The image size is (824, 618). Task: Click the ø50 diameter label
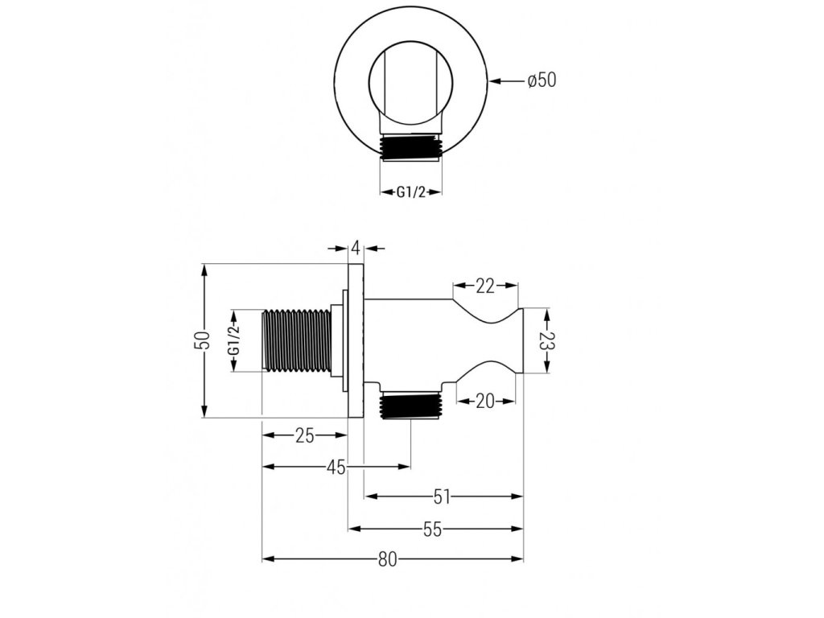pyautogui.click(x=542, y=80)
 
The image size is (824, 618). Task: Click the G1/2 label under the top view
pyautogui.click(x=410, y=192)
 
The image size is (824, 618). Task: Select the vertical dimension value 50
pyautogui.click(x=205, y=340)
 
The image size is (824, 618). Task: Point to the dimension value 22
pyautogui.click(x=484, y=286)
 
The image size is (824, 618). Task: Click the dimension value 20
pyautogui.click(x=484, y=400)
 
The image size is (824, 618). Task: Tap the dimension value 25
pyautogui.click(x=303, y=435)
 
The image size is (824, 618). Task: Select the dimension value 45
pyautogui.click(x=336, y=467)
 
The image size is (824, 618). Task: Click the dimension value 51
pyautogui.click(x=441, y=497)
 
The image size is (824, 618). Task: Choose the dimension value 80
pyautogui.click(x=388, y=560)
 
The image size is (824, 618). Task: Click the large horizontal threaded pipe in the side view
pyautogui.click(x=297, y=340)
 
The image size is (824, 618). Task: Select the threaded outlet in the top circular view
pyautogui.click(x=410, y=150)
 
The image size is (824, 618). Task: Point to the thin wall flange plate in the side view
pyautogui.click(x=356, y=340)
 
